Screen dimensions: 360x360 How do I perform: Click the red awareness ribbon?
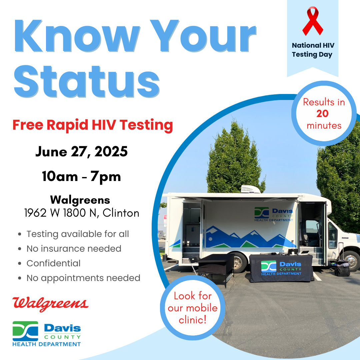(313, 21)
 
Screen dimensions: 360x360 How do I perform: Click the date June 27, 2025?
(82, 152)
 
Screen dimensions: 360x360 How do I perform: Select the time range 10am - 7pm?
(82, 177)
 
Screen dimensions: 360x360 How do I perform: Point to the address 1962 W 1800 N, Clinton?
(82, 213)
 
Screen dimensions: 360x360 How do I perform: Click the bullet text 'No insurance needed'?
(74, 249)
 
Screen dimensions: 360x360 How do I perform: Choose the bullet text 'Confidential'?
(53, 263)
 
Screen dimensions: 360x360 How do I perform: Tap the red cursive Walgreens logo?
(51, 304)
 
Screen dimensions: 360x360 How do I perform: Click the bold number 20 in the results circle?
(323, 114)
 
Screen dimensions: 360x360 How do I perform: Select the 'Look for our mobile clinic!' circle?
(193, 308)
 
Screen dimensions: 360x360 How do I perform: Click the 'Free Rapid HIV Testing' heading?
(93, 125)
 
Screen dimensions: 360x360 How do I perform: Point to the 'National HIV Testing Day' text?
(313, 50)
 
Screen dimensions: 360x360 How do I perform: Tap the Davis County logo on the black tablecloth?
(281, 268)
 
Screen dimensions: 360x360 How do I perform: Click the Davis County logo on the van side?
(274, 214)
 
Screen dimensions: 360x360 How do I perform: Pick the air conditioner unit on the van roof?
(250, 189)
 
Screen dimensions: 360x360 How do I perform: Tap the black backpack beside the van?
(342, 268)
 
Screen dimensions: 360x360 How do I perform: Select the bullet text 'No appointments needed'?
(83, 278)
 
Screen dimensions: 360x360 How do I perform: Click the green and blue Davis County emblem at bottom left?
(25, 331)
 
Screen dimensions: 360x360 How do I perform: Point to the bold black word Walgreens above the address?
(80, 200)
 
